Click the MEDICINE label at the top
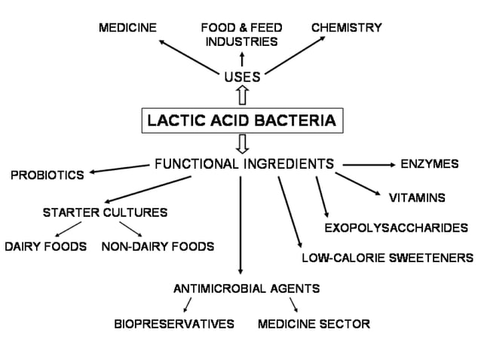coord(127,28)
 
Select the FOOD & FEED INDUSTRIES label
coord(241,35)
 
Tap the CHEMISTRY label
coord(346,28)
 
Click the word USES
coord(242,76)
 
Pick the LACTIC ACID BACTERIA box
coord(242,120)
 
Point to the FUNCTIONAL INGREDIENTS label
coord(244,163)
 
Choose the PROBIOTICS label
coord(47,175)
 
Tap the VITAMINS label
coord(416,199)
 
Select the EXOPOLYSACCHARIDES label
coord(396,227)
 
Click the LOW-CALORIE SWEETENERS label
coord(388,258)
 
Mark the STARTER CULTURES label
coord(105,212)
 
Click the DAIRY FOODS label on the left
coord(45,246)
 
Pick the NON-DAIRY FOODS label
coord(158,246)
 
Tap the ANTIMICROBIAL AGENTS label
coord(247,288)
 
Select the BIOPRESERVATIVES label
coord(174,324)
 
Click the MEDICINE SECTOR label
coord(314,324)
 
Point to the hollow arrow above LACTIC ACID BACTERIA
coord(242,96)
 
